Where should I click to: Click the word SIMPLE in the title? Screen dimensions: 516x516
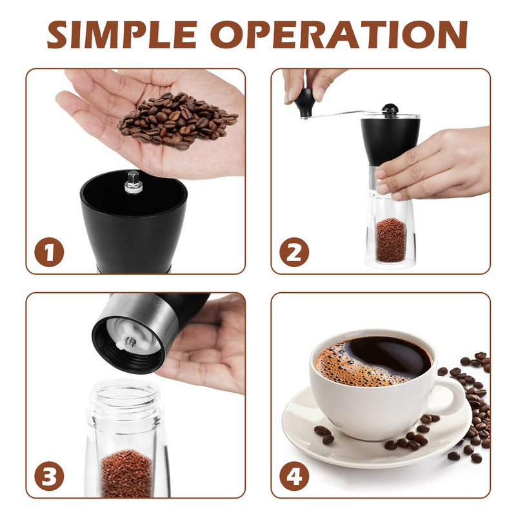[122, 35]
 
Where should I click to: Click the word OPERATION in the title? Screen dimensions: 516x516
[339, 35]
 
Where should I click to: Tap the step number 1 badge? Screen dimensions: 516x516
[50, 252]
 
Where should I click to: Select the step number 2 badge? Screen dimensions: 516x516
[294, 252]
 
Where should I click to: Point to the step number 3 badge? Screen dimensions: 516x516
[50, 476]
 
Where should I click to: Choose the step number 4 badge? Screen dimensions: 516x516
[294, 476]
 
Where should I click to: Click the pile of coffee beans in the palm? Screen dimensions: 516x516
[178, 120]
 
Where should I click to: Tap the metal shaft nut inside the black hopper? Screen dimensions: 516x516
[134, 182]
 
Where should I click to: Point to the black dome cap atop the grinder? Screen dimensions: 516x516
[390, 109]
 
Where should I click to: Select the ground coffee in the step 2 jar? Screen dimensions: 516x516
[391, 240]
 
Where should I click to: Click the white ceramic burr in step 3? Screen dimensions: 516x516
[134, 335]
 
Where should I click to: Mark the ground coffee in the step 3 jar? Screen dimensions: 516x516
[126, 473]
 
